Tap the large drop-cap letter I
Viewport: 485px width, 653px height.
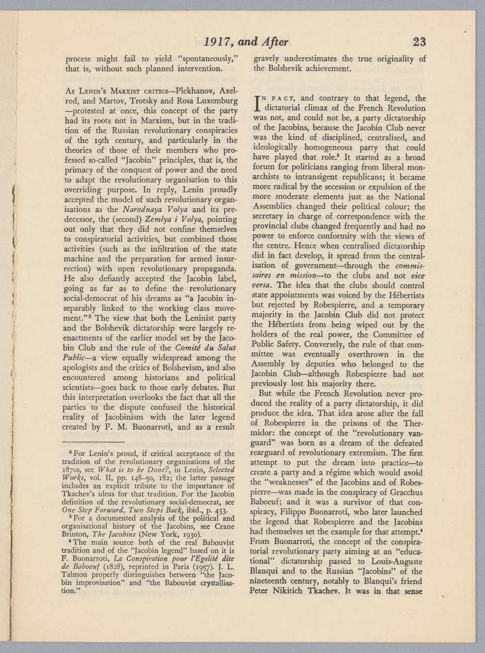click(257, 103)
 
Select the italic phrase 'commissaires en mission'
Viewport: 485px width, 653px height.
click(388, 270)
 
